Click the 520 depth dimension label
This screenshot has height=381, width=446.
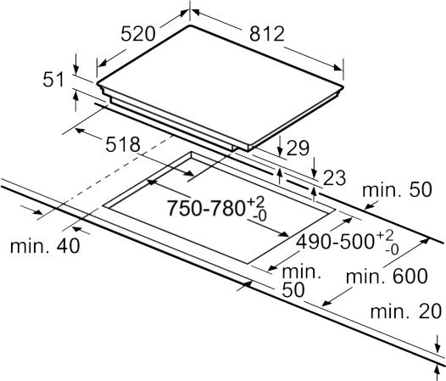click(x=138, y=34)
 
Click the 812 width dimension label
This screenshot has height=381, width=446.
click(x=267, y=34)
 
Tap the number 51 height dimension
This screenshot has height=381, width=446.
click(x=53, y=79)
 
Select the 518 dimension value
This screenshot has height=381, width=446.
click(x=123, y=144)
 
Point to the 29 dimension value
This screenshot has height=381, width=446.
click(x=298, y=148)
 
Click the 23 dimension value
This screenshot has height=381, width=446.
click(x=334, y=178)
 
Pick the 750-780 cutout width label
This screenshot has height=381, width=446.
click(x=206, y=208)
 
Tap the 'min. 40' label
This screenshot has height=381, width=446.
click(x=45, y=246)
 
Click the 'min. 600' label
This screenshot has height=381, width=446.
click(x=387, y=276)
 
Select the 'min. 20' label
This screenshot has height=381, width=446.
click(x=406, y=311)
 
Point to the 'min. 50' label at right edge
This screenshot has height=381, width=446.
click(x=397, y=189)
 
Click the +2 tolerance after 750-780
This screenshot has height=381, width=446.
click(x=256, y=202)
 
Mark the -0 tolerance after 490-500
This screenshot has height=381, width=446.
click(x=392, y=249)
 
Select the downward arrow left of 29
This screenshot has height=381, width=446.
click(x=280, y=145)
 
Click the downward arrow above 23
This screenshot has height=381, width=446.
click(x=314, y=167)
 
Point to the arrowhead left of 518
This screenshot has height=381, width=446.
click(x=80, y=131)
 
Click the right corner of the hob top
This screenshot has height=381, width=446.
click(x=343, y=87)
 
